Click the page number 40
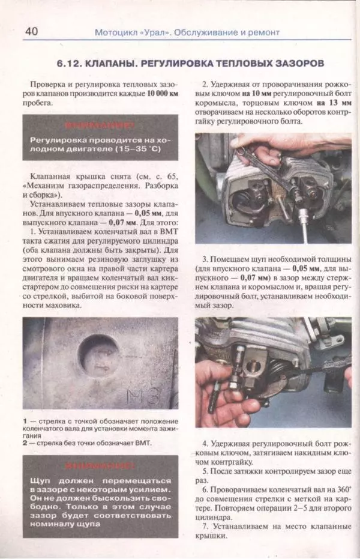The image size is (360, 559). tap(31, 31)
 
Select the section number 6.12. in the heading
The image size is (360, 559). tap(73, 62)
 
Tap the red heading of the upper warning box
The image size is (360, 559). tap(100, 126)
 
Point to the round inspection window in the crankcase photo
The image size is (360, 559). tap(100, 354)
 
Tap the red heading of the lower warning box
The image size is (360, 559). tap(100, 465)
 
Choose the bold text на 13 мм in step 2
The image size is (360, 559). tap(329, 103)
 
